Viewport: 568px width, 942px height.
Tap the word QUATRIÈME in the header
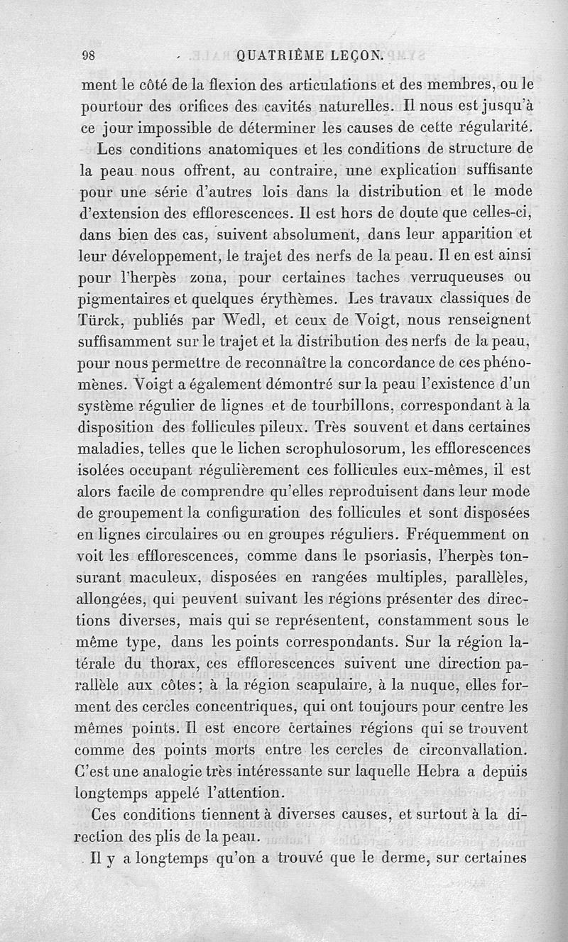tap(282, 56)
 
